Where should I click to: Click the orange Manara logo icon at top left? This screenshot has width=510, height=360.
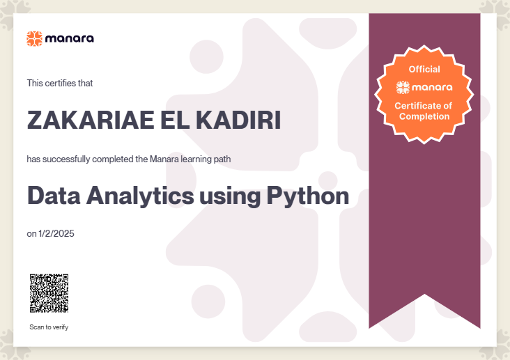click(x=34, y=39)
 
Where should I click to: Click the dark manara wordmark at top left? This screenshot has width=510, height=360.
click(x=70, y=39)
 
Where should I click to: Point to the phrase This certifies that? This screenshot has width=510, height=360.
click(x=60, y=84)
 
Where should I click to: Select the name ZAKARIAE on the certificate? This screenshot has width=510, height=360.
click(x=91, y=120)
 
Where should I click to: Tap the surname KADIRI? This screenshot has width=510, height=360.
click(x=238, y=120)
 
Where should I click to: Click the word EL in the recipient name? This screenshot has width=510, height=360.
click(x=175, y=120)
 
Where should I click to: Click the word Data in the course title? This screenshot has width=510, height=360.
click(x=54, y=196)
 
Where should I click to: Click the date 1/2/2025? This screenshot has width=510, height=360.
click(x=56, y=233)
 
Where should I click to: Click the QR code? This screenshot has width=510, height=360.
click(x=49, y=293)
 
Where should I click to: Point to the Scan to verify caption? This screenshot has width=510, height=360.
click(x=49, y=327)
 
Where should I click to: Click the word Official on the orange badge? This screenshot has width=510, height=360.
click(x=424, y=69)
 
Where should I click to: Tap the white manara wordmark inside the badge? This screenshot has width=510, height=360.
click(x=432, y=87)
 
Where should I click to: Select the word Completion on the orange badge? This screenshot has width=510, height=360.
click(x=424, y=117)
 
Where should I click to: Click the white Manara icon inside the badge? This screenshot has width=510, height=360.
click(x=403, y=88)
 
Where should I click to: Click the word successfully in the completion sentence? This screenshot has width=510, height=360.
click(x=66, y=159)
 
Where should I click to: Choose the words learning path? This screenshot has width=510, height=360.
click(x=206, y=159)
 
